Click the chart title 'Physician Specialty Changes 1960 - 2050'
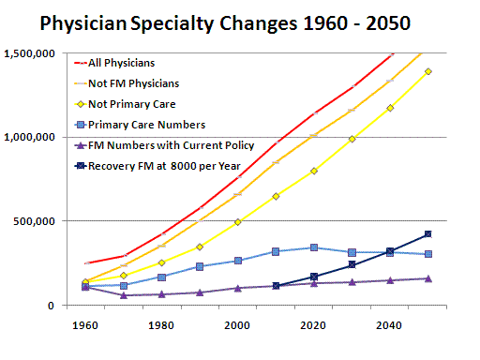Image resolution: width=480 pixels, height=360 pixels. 241,21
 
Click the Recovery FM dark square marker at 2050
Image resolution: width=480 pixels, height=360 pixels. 427,234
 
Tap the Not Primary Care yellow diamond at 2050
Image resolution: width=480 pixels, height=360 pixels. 427,71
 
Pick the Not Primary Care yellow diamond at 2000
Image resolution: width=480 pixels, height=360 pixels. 236,222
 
